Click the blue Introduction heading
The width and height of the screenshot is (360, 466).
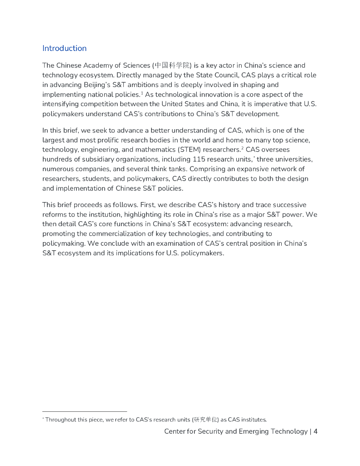[64, 48]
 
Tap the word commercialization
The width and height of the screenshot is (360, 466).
[109, 234]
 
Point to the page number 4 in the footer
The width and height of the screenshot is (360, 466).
[315, 431]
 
